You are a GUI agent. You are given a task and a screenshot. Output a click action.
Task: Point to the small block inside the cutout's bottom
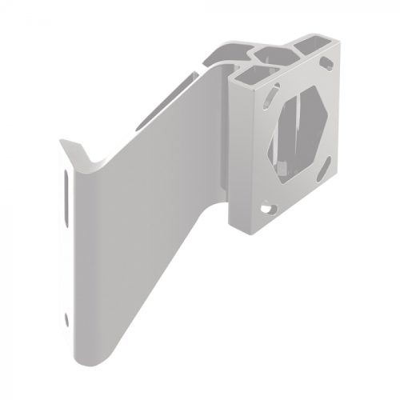(286, 168)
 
